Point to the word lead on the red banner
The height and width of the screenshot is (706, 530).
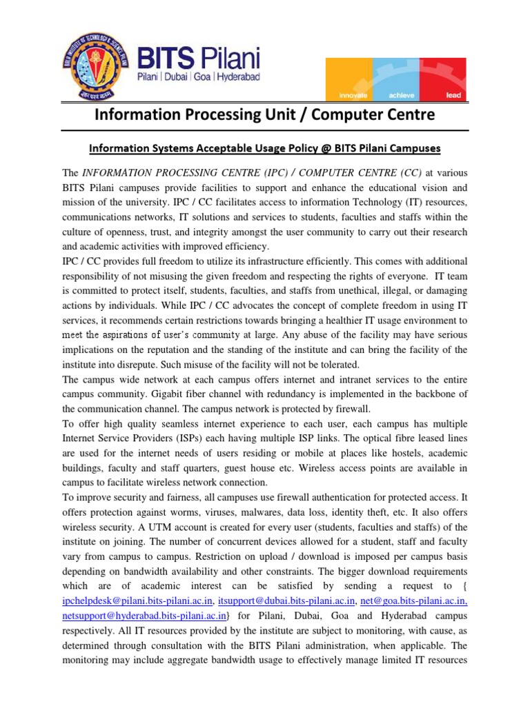click(x=453, y=96)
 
